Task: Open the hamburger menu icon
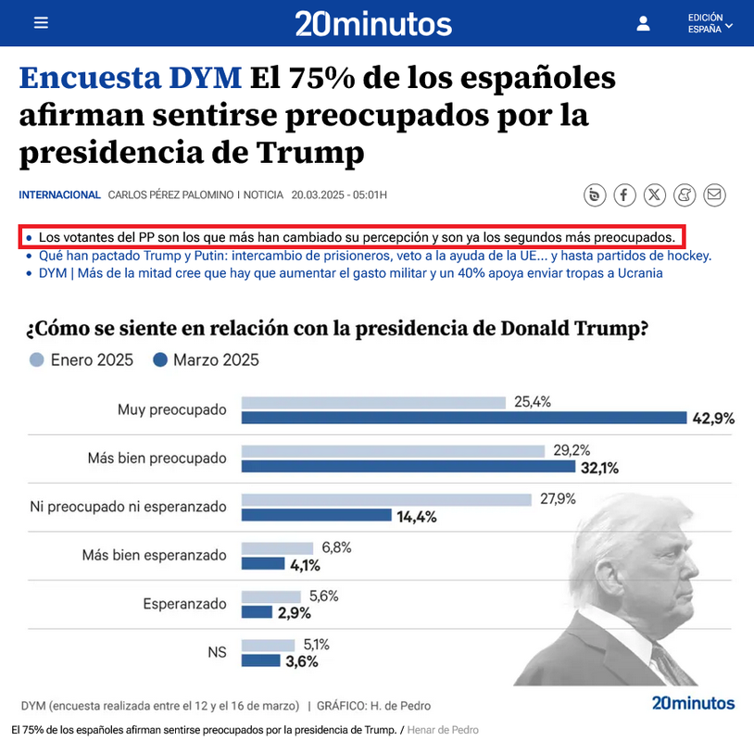pyautogui.click(x=40, y=24)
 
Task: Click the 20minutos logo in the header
pyautogui.click(x=373, y=23)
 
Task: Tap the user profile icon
pyautogui.click(x=644, y=24)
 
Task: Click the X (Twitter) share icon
pyautogui.click(x=655, y=195)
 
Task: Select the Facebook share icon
pyautogui.click(x=625, y=195)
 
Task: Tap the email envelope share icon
pyautogui.click(x=714, y=195)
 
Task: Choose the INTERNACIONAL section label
pyautogui.click(x=59, y=195)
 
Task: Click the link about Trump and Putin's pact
pyautogui.click(x=374, y=256)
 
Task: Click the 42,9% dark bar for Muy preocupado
pyautogui.click(x=463, y=418)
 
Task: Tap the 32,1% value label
pyautogui.click(x=599, y=468)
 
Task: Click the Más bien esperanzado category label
pyautogui.click(x=155, y=556)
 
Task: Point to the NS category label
pyautogui.click(x=217, y=653)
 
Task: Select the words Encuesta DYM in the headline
pyautogui.click(x=131, y=79)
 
